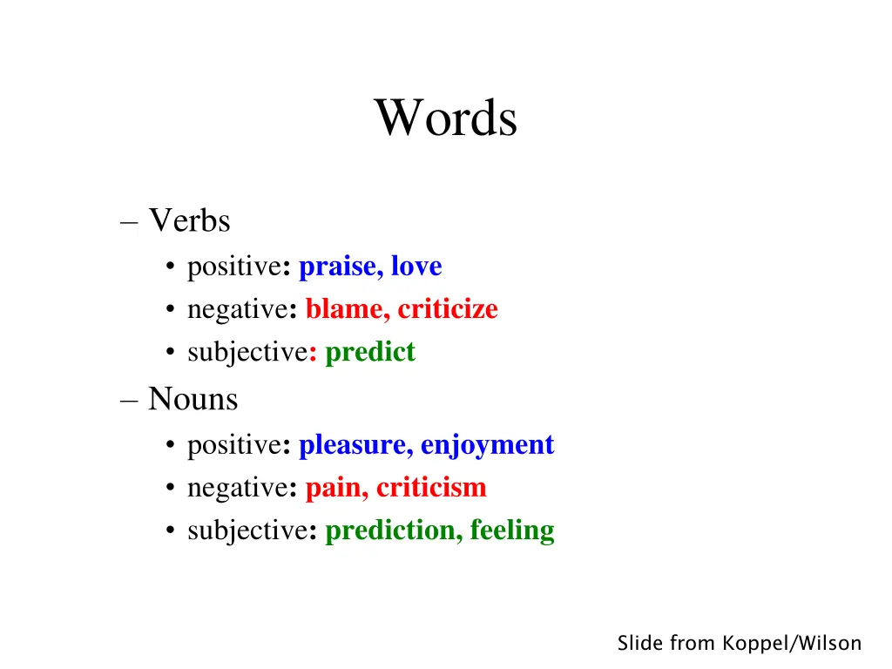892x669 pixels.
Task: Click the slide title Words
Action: click(x=446, y=118)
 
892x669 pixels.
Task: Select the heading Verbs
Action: click(x=189, y=221)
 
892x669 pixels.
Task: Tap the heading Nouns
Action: click(x=193, y=400)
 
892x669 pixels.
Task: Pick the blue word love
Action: click(x=416, y=267)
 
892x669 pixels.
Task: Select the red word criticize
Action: click(x=448, y=309)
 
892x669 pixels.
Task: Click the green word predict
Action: click(x=370, y=353)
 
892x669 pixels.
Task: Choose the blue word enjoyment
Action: click(x=487, y=445)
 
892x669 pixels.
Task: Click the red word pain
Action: click(x=335, y=488)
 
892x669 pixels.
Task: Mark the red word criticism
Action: click(x=431, y=488)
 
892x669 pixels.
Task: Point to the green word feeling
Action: click(x=512, y=530)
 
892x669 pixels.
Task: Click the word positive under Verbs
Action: click(x=232, y=267)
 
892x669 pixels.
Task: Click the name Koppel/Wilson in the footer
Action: click(x=792, y=644)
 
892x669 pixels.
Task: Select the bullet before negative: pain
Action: click(x=169, y=489)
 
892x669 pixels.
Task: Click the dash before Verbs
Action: click(x=129, y=223)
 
